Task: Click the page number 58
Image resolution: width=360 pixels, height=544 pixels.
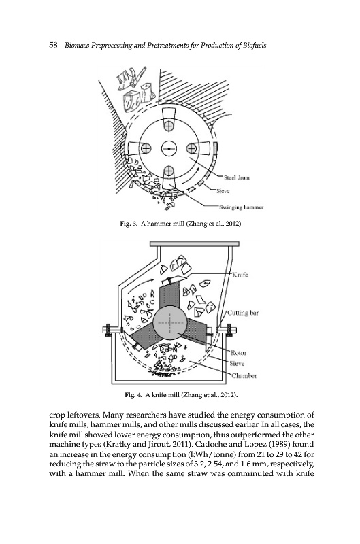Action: click(54, 45)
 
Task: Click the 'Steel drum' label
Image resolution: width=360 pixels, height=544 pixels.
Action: click(237, 178)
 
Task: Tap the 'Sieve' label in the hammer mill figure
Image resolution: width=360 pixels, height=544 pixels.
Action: click(223, 191)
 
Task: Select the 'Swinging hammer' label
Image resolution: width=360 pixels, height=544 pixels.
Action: click(242, 207)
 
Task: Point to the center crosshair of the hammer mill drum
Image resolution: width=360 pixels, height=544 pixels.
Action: click(169, 149)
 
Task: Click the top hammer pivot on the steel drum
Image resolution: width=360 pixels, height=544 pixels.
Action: click(169, 126)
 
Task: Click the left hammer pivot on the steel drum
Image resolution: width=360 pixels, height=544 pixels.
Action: click(146, 148)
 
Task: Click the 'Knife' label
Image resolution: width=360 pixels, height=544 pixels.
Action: click(240, 275)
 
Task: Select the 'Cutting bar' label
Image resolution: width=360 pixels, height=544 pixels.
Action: click(243, 313)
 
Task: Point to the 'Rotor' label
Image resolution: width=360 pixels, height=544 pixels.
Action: click(238, 353)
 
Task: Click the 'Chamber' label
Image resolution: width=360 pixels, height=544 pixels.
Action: click(244, 376)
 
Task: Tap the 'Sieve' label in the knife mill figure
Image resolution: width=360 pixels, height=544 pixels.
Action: click(237, 364)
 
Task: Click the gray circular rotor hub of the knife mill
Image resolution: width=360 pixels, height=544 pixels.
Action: click(169, 322)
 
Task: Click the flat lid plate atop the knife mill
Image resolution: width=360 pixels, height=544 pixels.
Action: click(195, 244)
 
